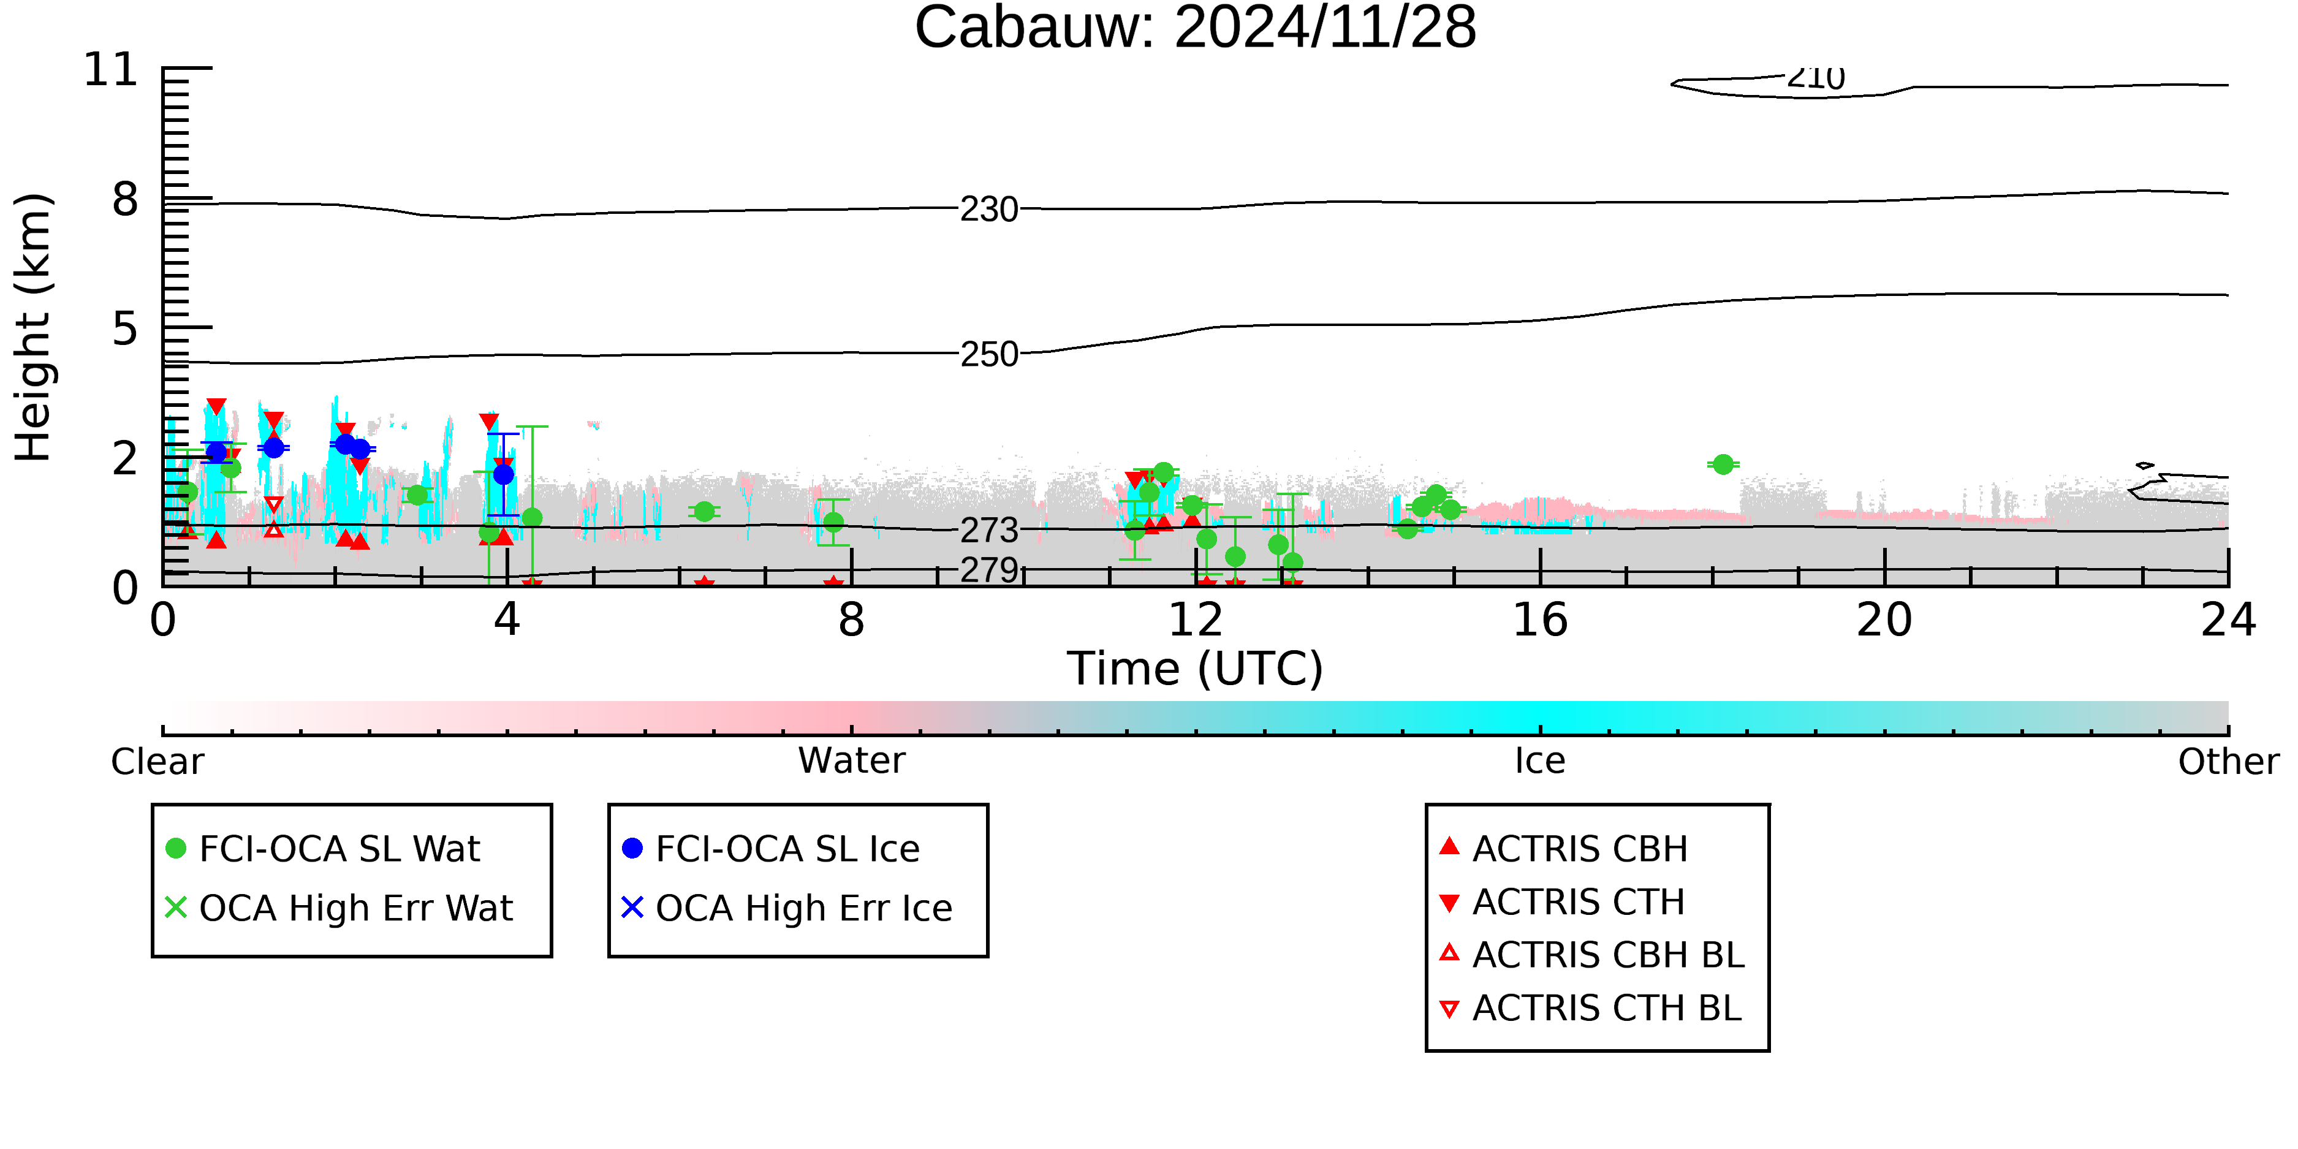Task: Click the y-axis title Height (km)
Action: click(x=34, y=327)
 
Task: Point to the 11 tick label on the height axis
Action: click(x=111, y=70)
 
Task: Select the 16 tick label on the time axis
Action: click(x=1540, y=620)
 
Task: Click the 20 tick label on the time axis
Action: click(x=1884, y=620)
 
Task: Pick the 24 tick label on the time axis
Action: click(x=2228, y=620)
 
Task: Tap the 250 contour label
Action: click(x=988, y=355)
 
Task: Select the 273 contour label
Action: click(x=988, y=531)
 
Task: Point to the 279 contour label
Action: click(x=988, y=569)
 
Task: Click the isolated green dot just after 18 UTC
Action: click(x=1723, y=464)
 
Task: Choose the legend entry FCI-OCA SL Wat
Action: click(x=323, y=848)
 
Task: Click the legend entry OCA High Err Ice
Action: click(x=787, y=908)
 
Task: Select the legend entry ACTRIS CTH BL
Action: click(x=1591, y=1008)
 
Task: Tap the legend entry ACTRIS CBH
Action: click(x=1564, y=848)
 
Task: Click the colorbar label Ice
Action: click(x=1540, y=761)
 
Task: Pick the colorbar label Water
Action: click(x=852, y=761)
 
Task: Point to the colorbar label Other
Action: click(x=2228, y=761)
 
